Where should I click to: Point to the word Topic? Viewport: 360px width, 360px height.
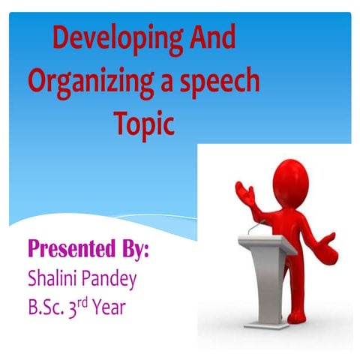coord(144,122)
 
